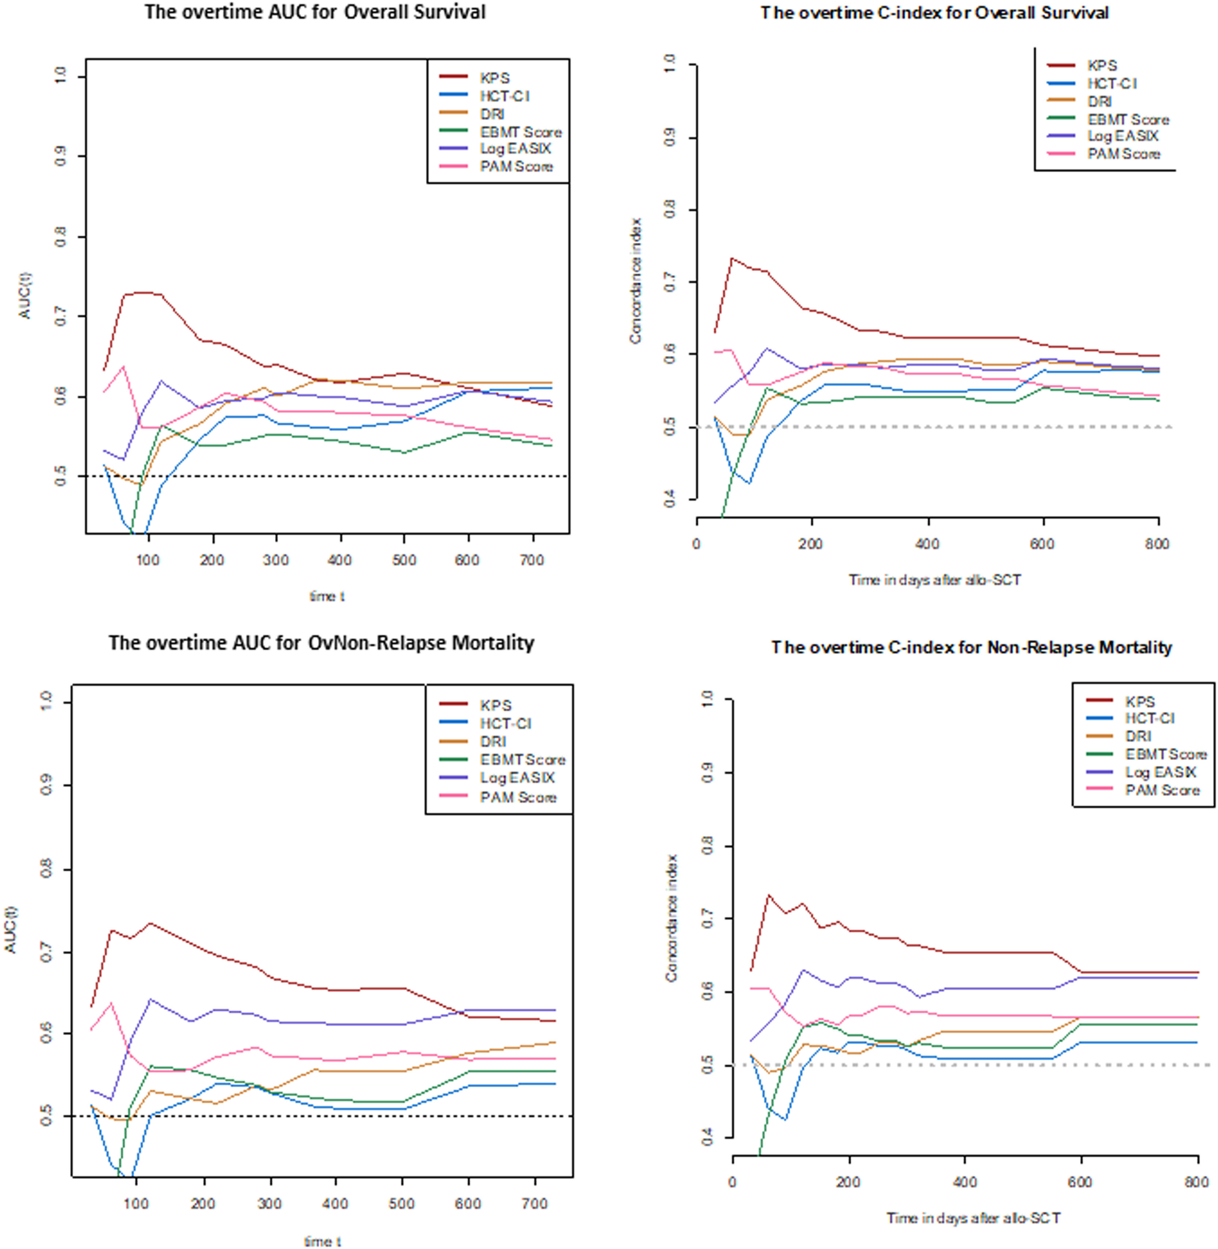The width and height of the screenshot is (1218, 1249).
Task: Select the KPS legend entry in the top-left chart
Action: pos(494,78)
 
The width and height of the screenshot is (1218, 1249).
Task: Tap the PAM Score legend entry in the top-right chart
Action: pos(1123,154)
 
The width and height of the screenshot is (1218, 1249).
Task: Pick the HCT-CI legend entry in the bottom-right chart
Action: pos(1150,719)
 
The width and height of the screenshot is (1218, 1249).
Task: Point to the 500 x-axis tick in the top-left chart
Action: pos(404,560)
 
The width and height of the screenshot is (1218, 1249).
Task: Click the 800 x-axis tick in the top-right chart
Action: pos(1157,545)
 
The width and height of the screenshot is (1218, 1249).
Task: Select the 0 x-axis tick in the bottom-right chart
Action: pos(732,1182)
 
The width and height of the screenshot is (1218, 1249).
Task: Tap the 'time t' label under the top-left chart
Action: pos(327,596)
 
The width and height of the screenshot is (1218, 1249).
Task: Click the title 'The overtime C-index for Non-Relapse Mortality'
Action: pos(971,648)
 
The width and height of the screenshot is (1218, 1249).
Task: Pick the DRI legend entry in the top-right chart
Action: pos(1099,102)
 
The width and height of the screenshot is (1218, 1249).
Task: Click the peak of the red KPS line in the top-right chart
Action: pos(731,258)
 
